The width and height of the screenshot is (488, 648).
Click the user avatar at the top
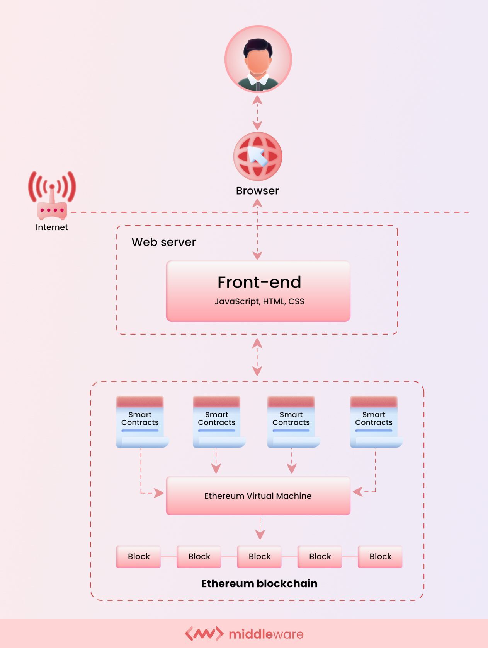(x=258, y=59)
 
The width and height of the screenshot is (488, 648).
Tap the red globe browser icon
(x=258, y=156)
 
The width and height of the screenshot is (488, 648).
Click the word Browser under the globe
(x=257, y=191)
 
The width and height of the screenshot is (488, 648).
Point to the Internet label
(x=52, y=227)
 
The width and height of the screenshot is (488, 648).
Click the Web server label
(x=163, y=242)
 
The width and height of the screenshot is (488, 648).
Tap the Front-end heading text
(x=259, y=282)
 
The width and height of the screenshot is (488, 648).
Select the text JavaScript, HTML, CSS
(x=260, y=301)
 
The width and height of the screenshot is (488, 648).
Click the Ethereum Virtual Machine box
(x=258, y=496)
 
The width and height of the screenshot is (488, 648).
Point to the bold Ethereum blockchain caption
(x=259, y=583)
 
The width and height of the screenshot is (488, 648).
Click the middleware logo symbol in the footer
(x=204, y=634)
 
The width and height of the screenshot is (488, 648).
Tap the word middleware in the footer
(x=266, y=634)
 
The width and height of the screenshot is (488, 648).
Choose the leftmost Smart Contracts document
(x=141, y=422)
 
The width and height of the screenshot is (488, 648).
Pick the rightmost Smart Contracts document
(x=374, y=422)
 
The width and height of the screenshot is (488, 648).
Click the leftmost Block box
(x=139, y=557)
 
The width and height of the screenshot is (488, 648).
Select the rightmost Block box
(x=380, y=557)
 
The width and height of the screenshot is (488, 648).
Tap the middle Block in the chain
(x=260, y=557)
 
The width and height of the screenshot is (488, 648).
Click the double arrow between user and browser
(x=257, y=113)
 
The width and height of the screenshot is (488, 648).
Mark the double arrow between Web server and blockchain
(x=257, y=357)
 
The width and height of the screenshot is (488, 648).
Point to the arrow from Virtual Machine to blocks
(x=260, y=528)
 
